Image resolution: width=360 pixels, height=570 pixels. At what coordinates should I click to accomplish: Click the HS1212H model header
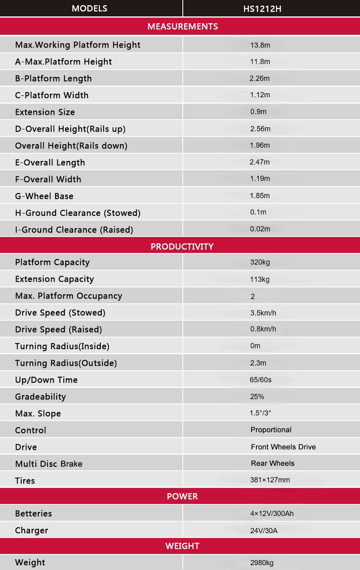pyautogui.click(x=262, y=9)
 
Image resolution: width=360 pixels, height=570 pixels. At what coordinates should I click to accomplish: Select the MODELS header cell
pyautogui.click(x=90, y=8)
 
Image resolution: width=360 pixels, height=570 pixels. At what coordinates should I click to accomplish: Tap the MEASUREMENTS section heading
pyautogui.click(x=182, y=26)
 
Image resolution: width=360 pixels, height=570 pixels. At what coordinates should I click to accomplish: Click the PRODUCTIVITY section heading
pyautogui.click(x=182, y=247)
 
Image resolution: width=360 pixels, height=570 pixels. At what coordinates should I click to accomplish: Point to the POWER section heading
pyautogui.click(x=182, y=496)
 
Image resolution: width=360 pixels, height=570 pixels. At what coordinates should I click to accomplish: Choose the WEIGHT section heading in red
pyautogui.click(x=182, y=546)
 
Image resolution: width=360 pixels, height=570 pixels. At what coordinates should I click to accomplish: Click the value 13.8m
pyautogui.click(x=260, y=45)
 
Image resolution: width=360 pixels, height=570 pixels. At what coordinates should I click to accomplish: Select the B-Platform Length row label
pyautogui.click(x=53, y=78)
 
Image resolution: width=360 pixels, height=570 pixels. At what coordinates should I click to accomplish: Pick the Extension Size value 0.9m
pyautogui.click(x=258, y=112)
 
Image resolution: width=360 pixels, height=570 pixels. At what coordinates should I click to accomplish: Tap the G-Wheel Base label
pyautogui.click(x=44, y=196)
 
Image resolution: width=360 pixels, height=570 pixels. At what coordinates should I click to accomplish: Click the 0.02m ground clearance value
pyautogui.click(x=260, y=229)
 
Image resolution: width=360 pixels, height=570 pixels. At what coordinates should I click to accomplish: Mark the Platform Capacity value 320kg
pyautogui.click(x=260, y=262)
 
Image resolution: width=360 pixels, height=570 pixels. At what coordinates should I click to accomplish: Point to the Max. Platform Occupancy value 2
pyautogui.click(x=253, y=297)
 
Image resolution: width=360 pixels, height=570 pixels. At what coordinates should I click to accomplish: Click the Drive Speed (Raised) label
pyautogui.click(x=58, y=329)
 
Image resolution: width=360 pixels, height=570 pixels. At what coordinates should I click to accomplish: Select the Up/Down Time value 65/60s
pyautogui.click(x=260, y=380)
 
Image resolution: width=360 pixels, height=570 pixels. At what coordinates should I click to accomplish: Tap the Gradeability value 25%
pyautogui.click(x=257, y=397)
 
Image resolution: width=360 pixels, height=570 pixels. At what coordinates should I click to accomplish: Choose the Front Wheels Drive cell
pyautogui.click(x=283, y=447)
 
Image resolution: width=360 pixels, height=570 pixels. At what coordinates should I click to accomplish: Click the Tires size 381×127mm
pyautogui.click(x=270, y=480)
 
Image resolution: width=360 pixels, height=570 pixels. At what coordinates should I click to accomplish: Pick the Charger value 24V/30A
pyautogui.click(x=264, y=531)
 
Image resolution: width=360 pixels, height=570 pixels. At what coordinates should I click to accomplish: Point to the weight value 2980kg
pyautogui.click(x=262, y=563)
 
